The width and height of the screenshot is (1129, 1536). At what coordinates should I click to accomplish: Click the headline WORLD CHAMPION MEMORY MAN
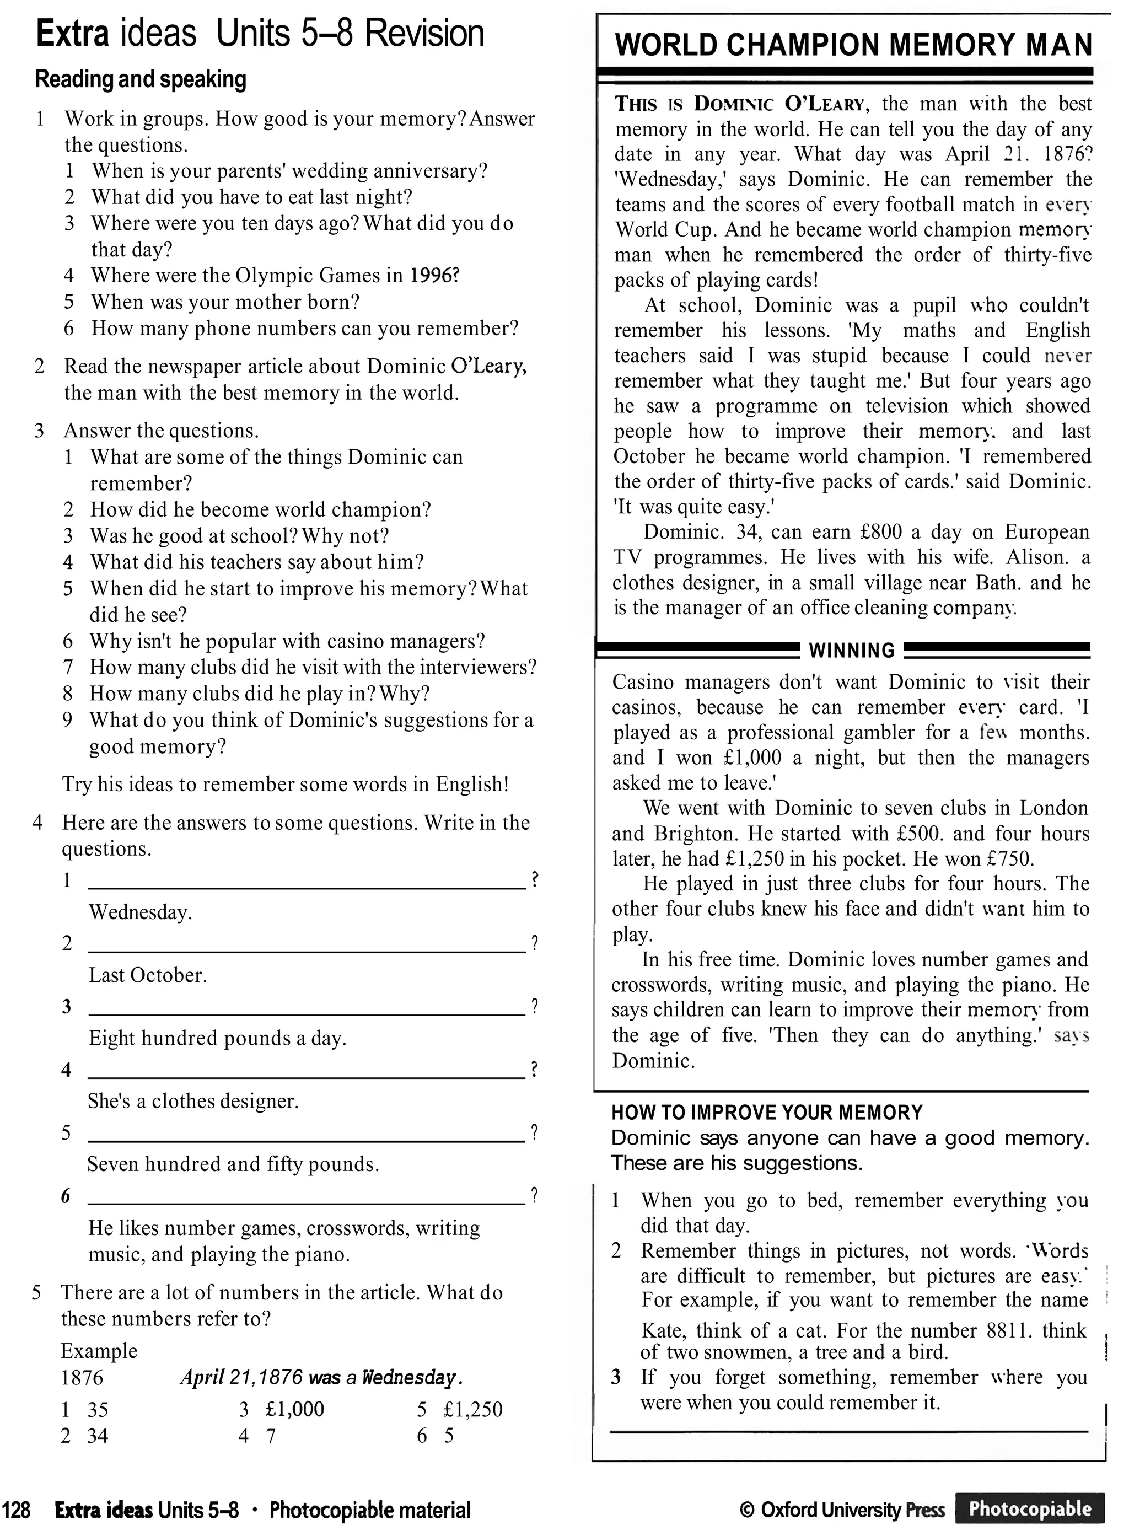[x=853, y=45]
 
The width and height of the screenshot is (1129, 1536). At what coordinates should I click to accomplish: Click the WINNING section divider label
[x=852, y=650]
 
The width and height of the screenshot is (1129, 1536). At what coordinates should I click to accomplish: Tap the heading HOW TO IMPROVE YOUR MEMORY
[x=767, y=1112]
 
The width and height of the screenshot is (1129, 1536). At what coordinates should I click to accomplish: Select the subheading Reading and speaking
[x=140, y=79]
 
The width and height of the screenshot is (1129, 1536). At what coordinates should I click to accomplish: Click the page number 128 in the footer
[x=17, y=1510]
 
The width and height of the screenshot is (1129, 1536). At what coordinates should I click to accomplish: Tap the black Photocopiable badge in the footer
[x=1030, y=1508]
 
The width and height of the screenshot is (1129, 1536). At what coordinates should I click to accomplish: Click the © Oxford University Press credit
[x=842, y=1510]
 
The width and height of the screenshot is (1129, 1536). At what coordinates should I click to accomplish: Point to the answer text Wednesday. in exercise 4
[x=140, y=912]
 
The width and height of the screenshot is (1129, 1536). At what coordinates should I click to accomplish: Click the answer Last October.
[x=148, y=975]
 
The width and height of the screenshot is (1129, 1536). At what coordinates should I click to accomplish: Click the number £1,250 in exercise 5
[x=472, y=1409]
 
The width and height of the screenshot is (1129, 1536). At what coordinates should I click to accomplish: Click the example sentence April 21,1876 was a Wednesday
[x=321, y=1377]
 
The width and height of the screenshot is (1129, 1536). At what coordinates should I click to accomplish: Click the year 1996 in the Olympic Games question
[x=433, y=276]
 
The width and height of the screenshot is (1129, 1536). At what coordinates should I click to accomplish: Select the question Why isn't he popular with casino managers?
[x=287, y=641]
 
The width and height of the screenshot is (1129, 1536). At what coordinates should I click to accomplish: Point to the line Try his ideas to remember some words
[x=286, y=784]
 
